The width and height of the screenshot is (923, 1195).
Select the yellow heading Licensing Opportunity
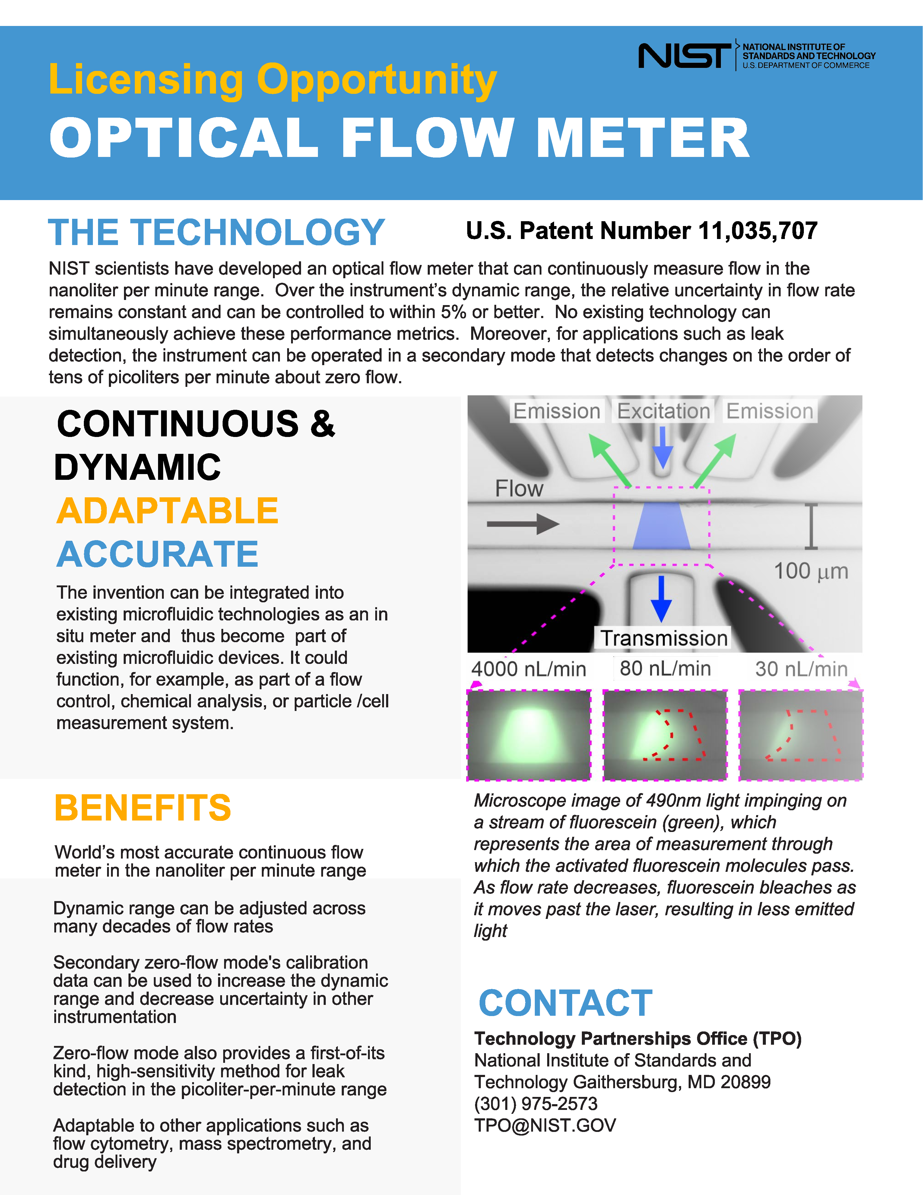pyautogui.click(x=272, y=80)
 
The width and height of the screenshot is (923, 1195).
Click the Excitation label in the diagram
pyautogui.click(x=663, y=411)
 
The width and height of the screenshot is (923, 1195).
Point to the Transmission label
pyautogui.click(x=664, y=638)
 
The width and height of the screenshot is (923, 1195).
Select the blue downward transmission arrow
pyautogui.click(x=661, y=599)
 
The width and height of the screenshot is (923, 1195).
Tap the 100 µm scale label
pyautogui.click(x=811, y=571)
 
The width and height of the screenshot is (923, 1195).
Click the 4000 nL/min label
pyautogui.click(x=529, y=669)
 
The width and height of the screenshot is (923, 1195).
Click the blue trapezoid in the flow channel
pyautogui.click(x=661, y=525)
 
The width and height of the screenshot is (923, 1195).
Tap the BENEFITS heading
pyautogui.click(x=143, y=808)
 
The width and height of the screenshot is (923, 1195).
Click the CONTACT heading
pyautogui.click(x=565, y=1003)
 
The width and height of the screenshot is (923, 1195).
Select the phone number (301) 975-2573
pyautogui.click(x=536, y=1104)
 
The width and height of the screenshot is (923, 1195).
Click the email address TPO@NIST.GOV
pyautogui.click(x=545, y=1125)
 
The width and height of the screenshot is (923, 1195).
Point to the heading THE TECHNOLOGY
pyautogui.click(x=217, y=232)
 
